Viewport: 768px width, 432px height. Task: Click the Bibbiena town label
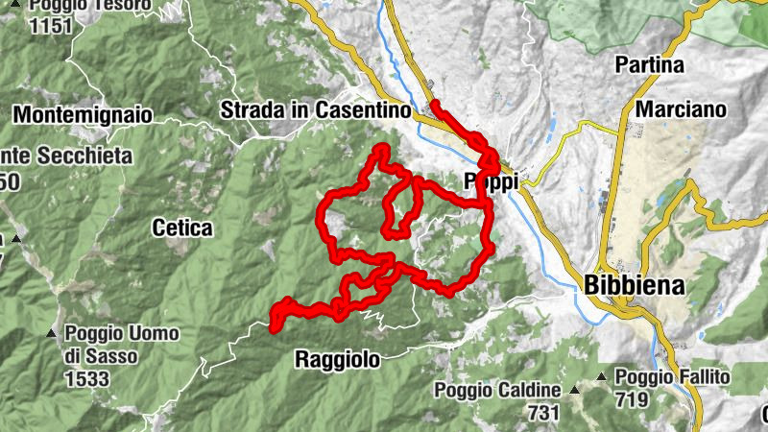coord(634,285)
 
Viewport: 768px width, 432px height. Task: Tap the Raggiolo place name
coord(336,359)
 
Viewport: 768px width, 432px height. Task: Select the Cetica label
coord(181,228)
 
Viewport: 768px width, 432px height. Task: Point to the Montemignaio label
coord(83,114)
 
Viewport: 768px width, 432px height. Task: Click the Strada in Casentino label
coord(316,110)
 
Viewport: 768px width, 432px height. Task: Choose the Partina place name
coord(652,65)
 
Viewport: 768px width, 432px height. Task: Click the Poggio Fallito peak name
coord(673,376)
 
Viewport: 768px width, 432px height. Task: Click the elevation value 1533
coord(84,377)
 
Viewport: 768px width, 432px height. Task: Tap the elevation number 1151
coord(51,26)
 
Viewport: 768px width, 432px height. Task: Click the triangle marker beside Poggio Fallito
coord(602,377)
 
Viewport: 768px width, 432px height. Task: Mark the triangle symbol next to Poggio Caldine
coord(575,391)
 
